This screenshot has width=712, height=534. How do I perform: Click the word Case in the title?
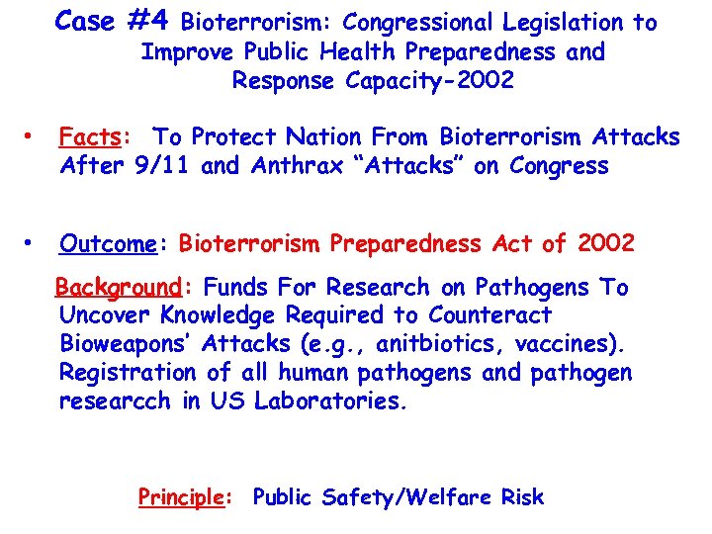click(x=84, y=20)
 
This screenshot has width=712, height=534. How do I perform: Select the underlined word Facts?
click(x=84, y=137)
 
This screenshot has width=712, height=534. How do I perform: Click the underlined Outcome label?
click(x=102, y=243)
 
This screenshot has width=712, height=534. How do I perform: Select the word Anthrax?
click(x=299, y=165)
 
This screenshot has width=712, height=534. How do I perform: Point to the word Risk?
click(x=522, y=497)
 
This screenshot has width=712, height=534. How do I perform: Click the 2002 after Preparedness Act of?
click(x=606, y=242)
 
